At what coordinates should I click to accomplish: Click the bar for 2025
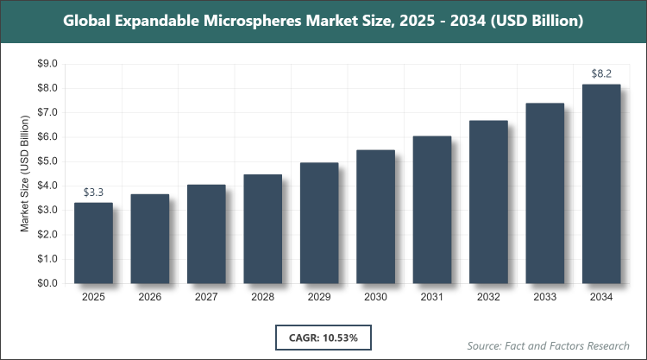(x=93, y=243)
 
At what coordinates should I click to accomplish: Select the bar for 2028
(x=263, y=229)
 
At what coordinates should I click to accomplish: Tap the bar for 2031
(x=432, y=210)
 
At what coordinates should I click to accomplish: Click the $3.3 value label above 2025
(x=93, y=192)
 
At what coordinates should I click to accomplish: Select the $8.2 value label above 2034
(x=601, y=73)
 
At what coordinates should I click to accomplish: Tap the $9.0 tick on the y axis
(x=45, y=64)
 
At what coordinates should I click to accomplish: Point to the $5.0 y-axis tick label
(x=45, y=161)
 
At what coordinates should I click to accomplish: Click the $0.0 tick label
(x=45, y=283)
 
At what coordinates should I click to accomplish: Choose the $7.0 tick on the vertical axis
(x=45, y=112)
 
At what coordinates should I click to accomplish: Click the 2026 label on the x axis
(x=150, y=298)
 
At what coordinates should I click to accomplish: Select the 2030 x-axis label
(x=375, y=298)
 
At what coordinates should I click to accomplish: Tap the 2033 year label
(x=545, y=298)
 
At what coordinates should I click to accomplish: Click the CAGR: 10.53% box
(x=323, y=336)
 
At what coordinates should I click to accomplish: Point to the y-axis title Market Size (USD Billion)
(x=26, y=173)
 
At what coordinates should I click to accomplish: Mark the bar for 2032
(x=488, y=202)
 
